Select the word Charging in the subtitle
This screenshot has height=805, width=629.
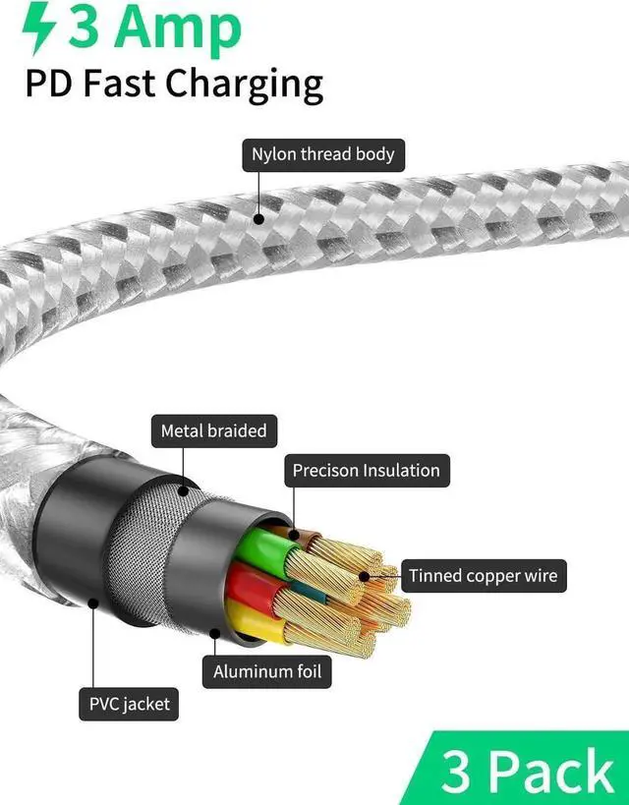tap(245, 84)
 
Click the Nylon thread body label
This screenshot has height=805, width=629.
tap(322, 154)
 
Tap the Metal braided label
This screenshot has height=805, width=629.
tap(213, 431)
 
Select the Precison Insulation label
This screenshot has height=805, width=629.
tap(366, 471)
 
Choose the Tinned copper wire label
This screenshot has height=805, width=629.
tap(483, 576)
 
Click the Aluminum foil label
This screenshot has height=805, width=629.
tap(267, 673)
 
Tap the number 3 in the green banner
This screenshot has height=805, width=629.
tap(457, 773)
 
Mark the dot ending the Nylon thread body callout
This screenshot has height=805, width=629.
tap(258, 217)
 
